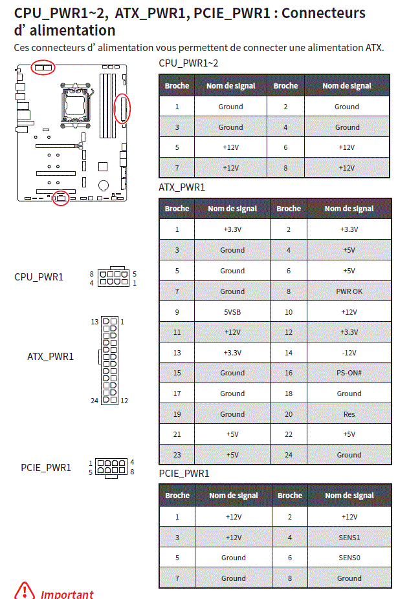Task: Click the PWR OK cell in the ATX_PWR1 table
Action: [x=349, y=291]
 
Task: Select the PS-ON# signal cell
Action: [x=349, y=373]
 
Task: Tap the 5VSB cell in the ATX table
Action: [x=232, y=312]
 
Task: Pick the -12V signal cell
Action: [x=349, y=353]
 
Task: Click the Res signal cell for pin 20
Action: [x=349, y=414]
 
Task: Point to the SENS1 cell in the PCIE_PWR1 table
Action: [x=349, y=538]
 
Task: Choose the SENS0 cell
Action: [x=349, y=558]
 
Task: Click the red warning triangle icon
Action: [x=25, y=590]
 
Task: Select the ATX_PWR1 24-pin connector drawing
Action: [x=110, y=361]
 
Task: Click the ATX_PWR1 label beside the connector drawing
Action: [x=50, y=356]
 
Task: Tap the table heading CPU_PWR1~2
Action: [x=188, y=63]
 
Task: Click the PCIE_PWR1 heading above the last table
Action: [x=184, y=474]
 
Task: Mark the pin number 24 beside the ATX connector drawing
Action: [x=94, y=401]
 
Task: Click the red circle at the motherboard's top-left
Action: [x=43, y=67]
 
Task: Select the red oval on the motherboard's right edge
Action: [x=122, y=108]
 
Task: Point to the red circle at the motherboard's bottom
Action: [x=61, y=198]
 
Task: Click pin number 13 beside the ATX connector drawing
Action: [x=94, y=321]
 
